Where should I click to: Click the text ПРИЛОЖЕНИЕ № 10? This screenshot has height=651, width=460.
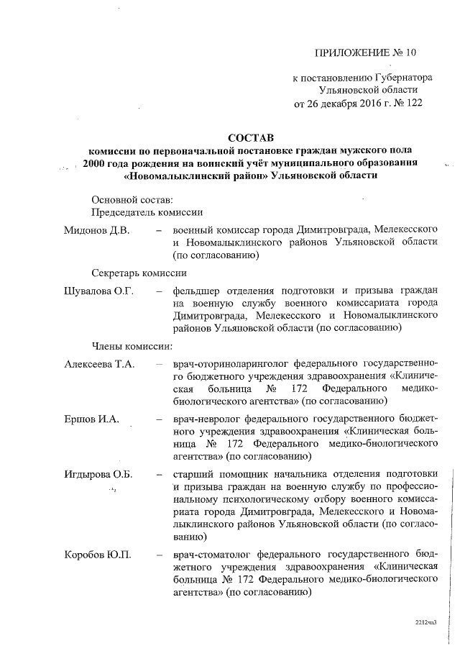tap(366, 53)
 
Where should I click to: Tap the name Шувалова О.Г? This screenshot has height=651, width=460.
tap(99, 291)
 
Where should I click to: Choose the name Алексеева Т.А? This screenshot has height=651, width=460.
tap(100, 364)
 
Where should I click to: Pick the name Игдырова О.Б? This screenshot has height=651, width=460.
tap(100, 474)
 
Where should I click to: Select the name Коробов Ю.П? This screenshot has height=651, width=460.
tap(97, 555)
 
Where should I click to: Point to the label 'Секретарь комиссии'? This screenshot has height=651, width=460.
tap(139, 273)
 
